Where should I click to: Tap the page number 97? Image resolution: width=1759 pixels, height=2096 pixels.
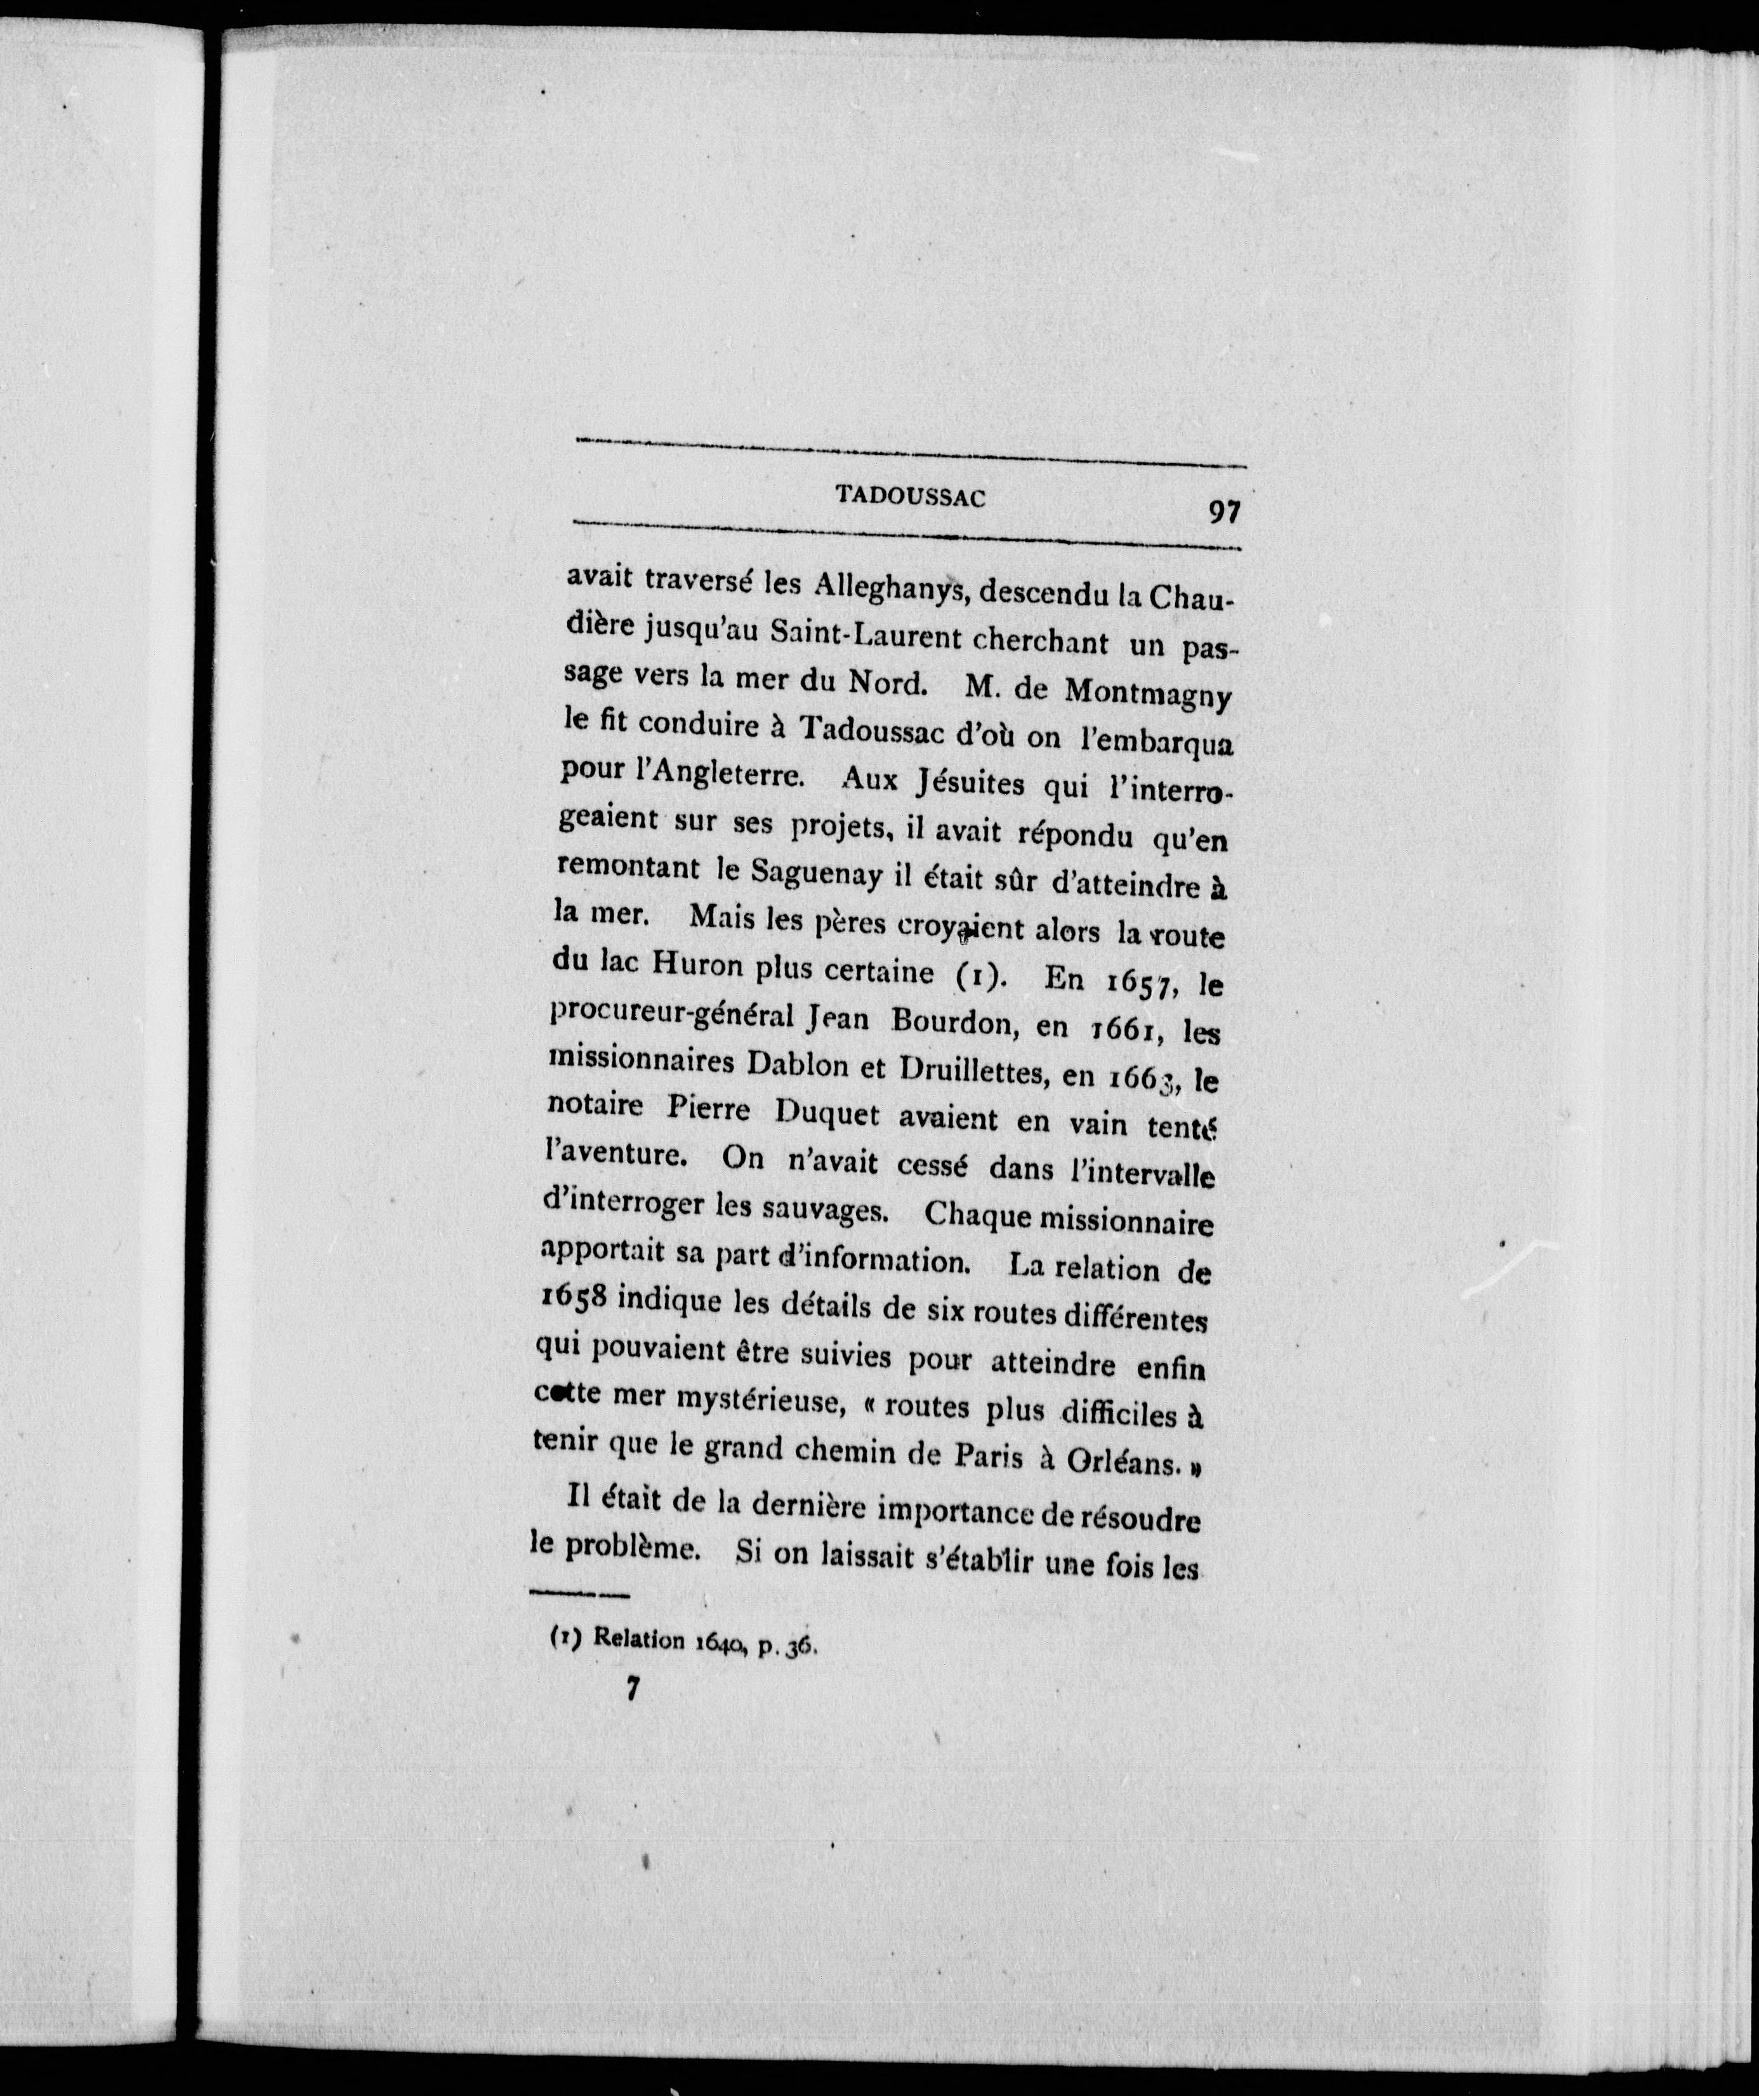pos(1224,511)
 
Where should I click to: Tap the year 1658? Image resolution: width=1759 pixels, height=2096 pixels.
pos(574,1299)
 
